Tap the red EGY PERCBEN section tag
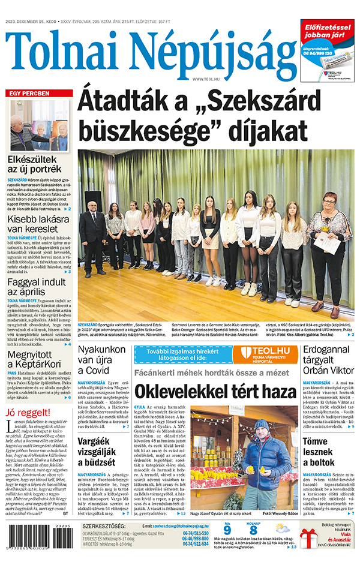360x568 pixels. [28, 94]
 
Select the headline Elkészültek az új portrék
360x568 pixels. [40, 165]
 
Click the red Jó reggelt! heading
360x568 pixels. [26, 412]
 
